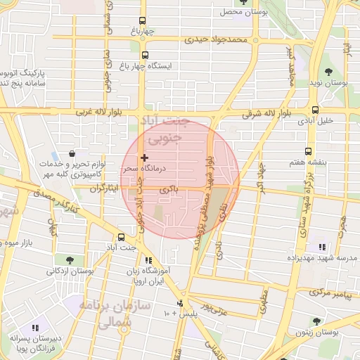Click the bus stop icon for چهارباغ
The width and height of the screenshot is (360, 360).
point(143,20)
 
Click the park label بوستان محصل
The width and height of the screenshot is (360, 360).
point(240,13)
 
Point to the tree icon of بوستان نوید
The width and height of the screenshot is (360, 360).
point(328,71)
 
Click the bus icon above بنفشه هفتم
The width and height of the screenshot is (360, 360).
point(308,151)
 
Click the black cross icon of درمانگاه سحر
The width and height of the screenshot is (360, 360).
point(144,158)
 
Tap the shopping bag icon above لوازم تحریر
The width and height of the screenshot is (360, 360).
point(72,153)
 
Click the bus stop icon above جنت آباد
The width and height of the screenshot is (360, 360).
point(121,237)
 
